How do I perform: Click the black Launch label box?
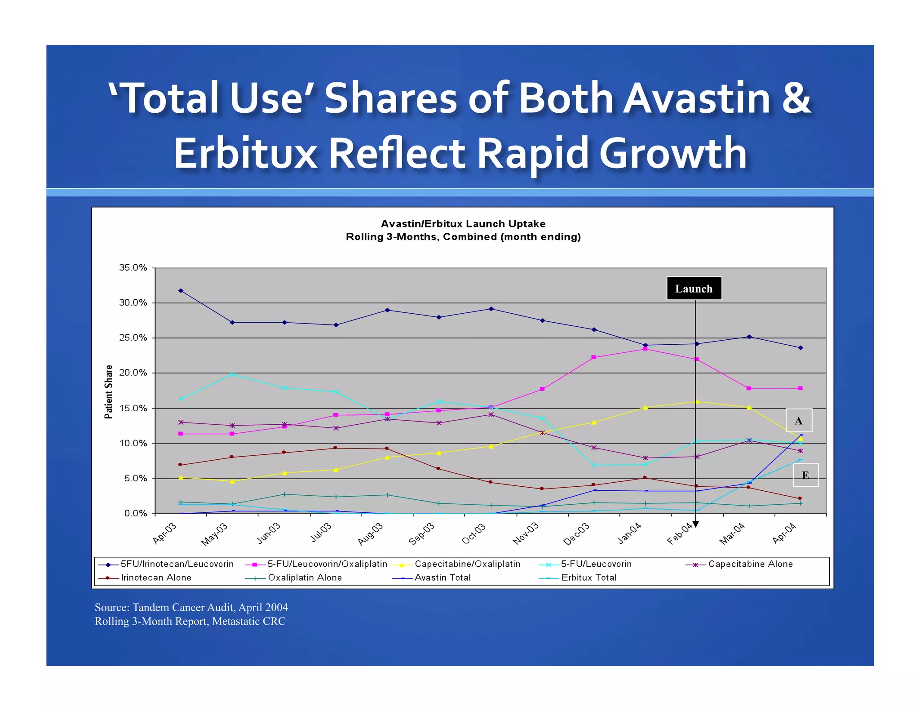[694, 289]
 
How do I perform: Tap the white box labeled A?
[798, 421]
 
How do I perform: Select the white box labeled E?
[805, 475]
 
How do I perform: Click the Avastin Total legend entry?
[442, 578]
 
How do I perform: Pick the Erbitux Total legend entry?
[588, 578]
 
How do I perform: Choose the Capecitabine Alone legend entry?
[750, 564]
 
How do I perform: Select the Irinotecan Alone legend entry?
[156, 578]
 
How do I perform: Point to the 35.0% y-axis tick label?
[133, 268]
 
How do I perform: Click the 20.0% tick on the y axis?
[133, 373]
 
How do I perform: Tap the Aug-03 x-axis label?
[371, 533]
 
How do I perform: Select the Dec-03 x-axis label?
[577, 534]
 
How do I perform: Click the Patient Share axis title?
[109, 391]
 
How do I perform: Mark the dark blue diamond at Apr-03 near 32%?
[181, 291]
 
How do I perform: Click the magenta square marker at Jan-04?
[645, 349]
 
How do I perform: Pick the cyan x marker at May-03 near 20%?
[232, 374]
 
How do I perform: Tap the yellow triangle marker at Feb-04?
[697, 401]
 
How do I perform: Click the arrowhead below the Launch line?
[695, 524]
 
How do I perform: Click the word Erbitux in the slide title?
[245, 153]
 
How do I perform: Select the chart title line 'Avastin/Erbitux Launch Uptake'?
[463, 224]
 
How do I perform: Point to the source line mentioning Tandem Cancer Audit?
[191, 608]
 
